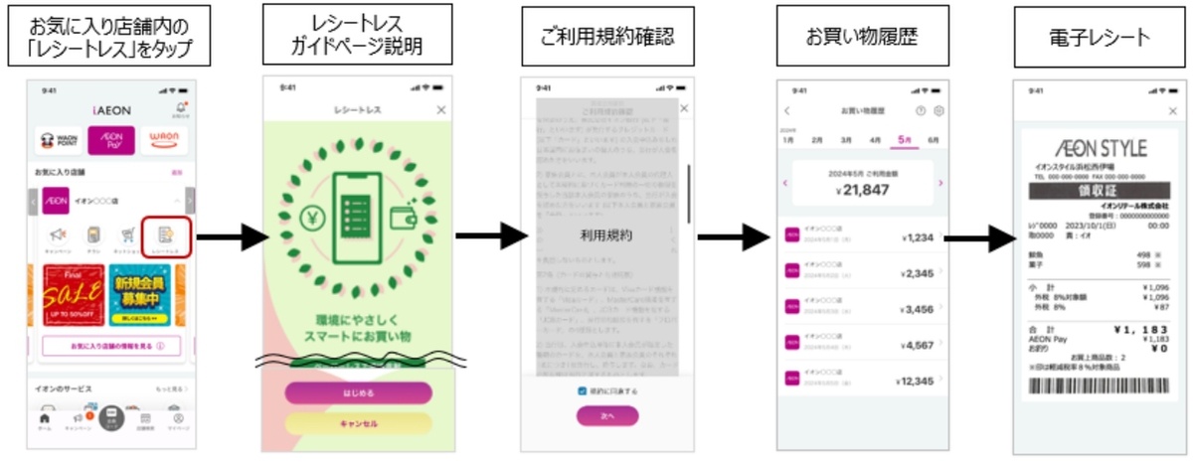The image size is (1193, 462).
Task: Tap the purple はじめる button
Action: [x=359, y=392]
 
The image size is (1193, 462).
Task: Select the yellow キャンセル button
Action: [x=359, y=423]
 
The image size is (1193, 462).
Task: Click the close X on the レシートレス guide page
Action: [x=442, y=109]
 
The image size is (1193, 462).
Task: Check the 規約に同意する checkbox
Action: [x=583, y=390]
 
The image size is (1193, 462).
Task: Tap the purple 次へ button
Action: [x=607, y=416]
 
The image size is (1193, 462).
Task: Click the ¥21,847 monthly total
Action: [x=861, y=189]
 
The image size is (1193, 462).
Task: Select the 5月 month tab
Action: [x=904, y=140]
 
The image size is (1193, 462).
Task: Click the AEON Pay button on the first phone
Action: [x=111, y=140]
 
